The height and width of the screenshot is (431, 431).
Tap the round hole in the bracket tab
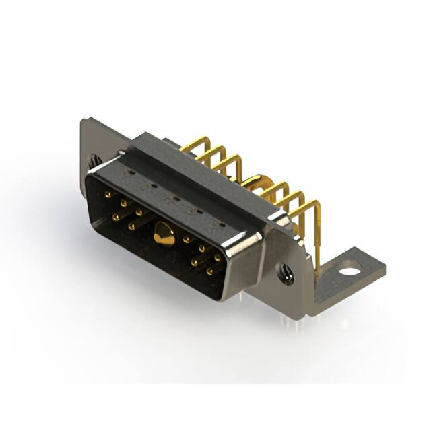tap(350, 273)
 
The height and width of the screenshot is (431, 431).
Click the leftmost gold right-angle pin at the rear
tap(194, 144)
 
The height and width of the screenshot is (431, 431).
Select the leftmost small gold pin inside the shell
tap(108, 194)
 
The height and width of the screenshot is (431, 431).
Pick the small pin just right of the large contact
tap(186, 238)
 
